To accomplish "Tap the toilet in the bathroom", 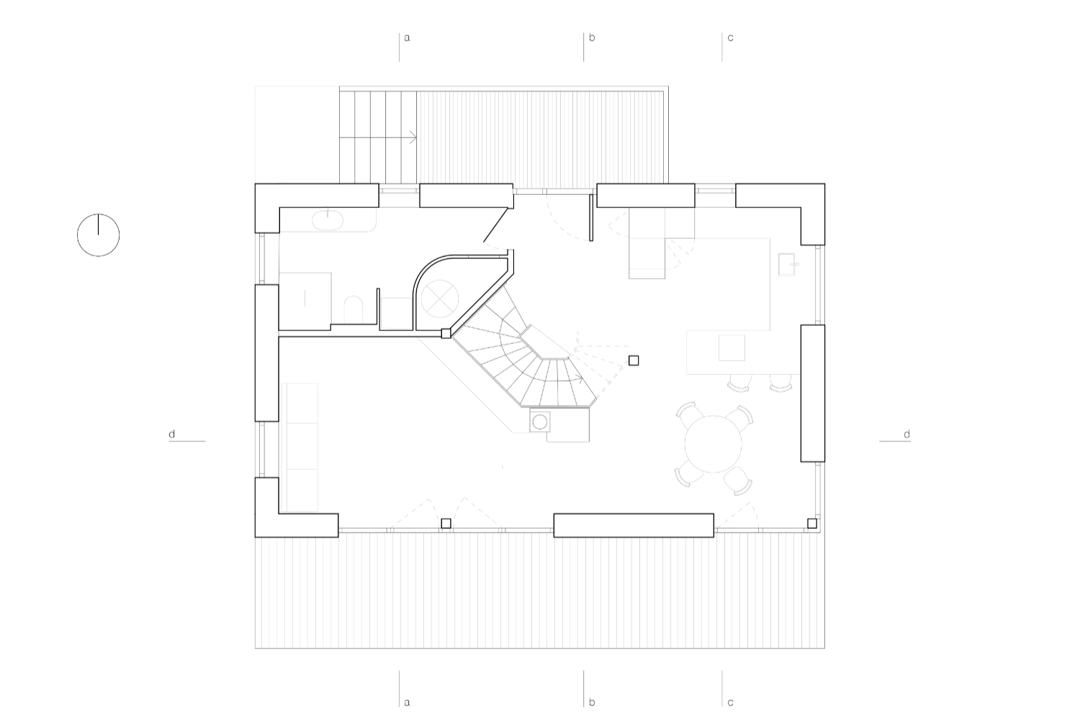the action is (354, 309).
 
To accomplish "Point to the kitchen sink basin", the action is (787, 265).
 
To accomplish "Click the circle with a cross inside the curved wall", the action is (440, 299).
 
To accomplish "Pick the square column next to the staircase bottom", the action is (634, 360).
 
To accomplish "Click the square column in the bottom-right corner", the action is (812, 523).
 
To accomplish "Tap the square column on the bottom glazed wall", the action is (446, 523).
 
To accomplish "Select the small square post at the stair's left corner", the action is (446, 333).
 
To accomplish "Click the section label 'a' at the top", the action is (407, 37).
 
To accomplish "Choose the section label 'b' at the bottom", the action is (592, 702).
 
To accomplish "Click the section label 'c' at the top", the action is (731, 37).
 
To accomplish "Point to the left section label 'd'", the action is (171, 434).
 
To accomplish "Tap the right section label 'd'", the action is (907, 434).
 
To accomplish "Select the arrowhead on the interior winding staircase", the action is (580, 378).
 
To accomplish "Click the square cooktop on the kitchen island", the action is (732, 348).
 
